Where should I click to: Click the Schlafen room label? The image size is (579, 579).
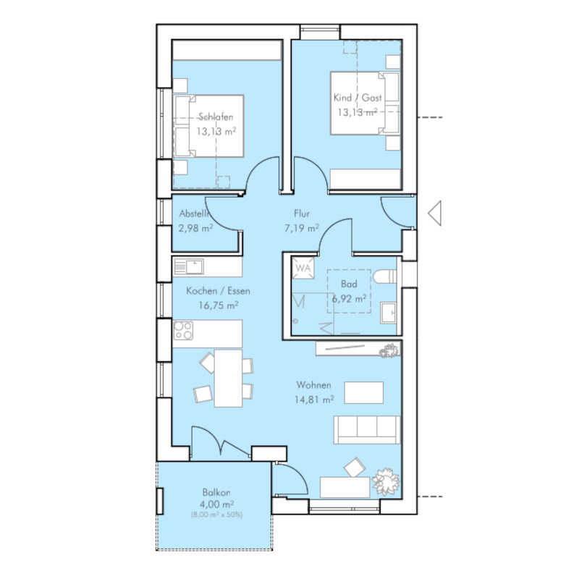[216, 117]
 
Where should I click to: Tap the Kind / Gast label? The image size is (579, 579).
[358, 98]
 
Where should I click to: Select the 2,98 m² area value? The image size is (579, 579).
[195, 228]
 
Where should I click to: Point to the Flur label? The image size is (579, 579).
[302, 214]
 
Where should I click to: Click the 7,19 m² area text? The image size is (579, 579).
[302, 228]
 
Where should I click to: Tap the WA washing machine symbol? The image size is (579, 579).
[303, 268]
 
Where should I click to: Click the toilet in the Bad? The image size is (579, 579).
[385, 276]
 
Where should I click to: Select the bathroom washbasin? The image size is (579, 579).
[388, 313]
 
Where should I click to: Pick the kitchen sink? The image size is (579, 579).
[189, 266]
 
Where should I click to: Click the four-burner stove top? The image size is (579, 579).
[184, 331]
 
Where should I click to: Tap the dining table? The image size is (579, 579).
[228, 378]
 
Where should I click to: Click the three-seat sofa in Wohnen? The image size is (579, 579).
[367, 429]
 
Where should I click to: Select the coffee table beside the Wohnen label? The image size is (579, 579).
[364, 392]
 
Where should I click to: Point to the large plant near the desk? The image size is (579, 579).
[386, 481]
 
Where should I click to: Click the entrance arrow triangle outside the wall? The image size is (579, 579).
[435, 213]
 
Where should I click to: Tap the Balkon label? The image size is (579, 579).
[216, 492]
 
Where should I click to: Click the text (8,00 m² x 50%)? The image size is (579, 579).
[216, 515]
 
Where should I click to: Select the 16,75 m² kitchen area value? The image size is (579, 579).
[219, 305]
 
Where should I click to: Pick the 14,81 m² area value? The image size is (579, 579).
[314, 400]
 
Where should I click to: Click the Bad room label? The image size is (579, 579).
[349, 284]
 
